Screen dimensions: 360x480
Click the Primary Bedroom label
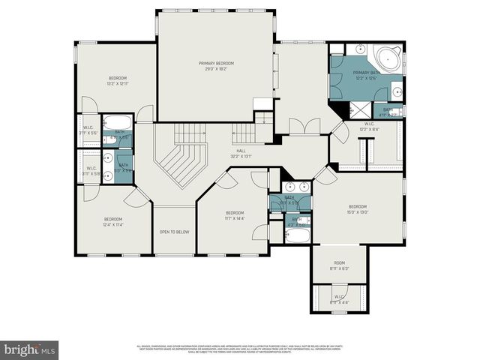(x=216, y=63)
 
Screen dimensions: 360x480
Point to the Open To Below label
(x=174, y=232)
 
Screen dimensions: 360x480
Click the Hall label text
(x=241, y=151)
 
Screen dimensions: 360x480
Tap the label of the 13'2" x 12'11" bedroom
(x=117, y=78)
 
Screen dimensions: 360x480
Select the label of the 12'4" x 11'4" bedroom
(x=112, y=220)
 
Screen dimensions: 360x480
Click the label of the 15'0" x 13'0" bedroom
(x=357, y=206)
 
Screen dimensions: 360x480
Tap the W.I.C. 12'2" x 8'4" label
(x=369, y=126)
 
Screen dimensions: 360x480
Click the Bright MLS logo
(x=30, y=349)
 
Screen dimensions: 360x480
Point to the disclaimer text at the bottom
(x=240, y=349)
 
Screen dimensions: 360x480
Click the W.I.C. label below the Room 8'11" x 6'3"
(x=339, y=299)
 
